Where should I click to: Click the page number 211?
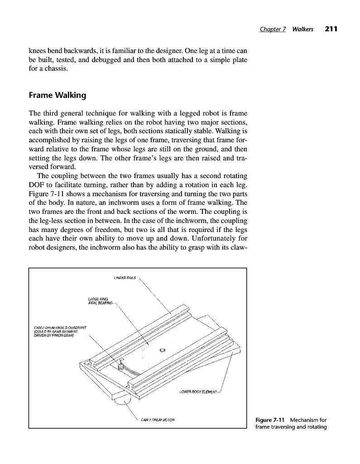coord(331,29)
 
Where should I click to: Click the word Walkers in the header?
coord(303,29)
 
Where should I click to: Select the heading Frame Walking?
coord(57,96)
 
